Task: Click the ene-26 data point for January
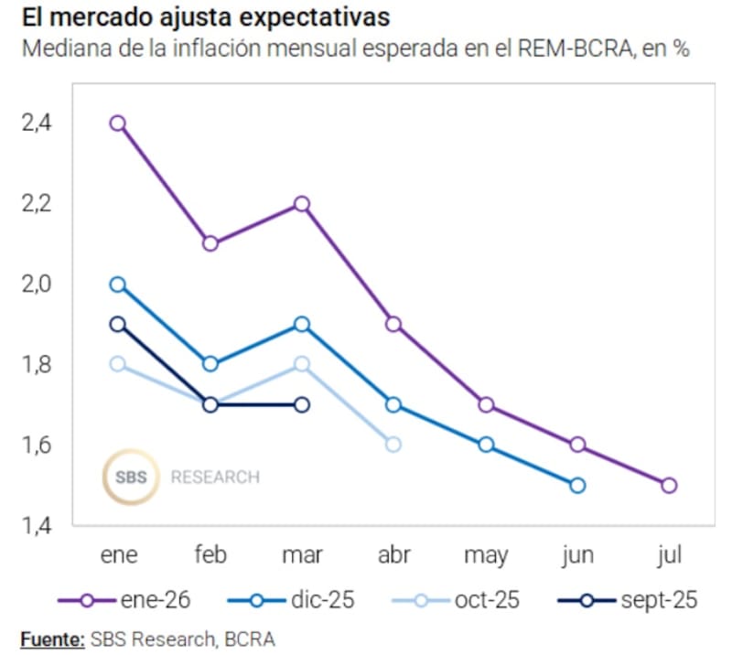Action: coord(118,123)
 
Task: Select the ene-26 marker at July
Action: coord(669,485)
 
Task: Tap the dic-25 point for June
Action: coord(577,485)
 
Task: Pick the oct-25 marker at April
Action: coord(393,445)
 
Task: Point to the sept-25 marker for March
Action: coord(302,404)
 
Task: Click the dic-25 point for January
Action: coord(118,285)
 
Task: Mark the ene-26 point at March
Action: coord(302,204)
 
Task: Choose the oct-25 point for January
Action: coord(118,364)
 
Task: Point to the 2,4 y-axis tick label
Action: coord(38,123)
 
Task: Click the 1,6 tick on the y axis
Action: coord(38,446)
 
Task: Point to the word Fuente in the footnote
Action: coord(51,638)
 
